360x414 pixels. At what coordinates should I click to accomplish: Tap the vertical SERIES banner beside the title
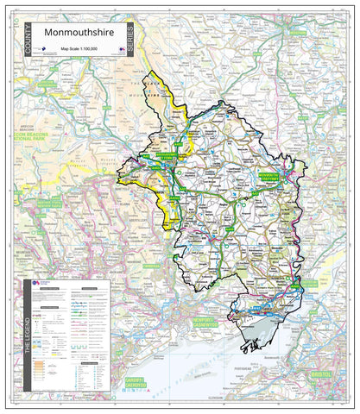(129, 41)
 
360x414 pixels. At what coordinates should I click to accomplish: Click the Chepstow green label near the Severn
(296, 285)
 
